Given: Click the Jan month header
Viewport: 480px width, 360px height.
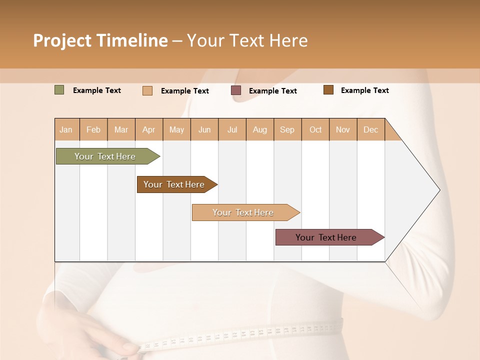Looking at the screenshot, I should pos(66,129).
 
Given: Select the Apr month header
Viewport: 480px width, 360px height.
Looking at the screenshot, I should pos(149,129).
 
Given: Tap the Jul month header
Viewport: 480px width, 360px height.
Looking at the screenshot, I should pos(232,129).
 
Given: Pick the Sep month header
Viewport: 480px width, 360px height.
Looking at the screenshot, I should pos(287,129).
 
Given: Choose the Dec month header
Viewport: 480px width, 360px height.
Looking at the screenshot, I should pos(370,129).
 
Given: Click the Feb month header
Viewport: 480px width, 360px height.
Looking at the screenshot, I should pos(93,129).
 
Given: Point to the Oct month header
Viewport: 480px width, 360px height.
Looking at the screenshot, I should pos(315,129).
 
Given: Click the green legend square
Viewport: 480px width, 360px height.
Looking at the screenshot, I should pos(59,90).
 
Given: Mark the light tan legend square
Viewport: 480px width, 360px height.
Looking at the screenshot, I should pos(147,90).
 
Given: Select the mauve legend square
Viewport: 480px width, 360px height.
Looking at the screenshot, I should pos(236,90).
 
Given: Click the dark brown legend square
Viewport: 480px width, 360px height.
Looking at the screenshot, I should pos(328,90).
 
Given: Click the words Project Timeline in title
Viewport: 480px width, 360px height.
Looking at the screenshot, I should pos(100,40).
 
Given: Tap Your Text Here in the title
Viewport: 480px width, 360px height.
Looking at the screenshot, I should pos(247,40).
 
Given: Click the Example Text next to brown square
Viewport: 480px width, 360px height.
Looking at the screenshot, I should pos(364,90).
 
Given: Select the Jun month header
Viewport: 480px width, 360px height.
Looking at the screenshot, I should pos(204,129).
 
